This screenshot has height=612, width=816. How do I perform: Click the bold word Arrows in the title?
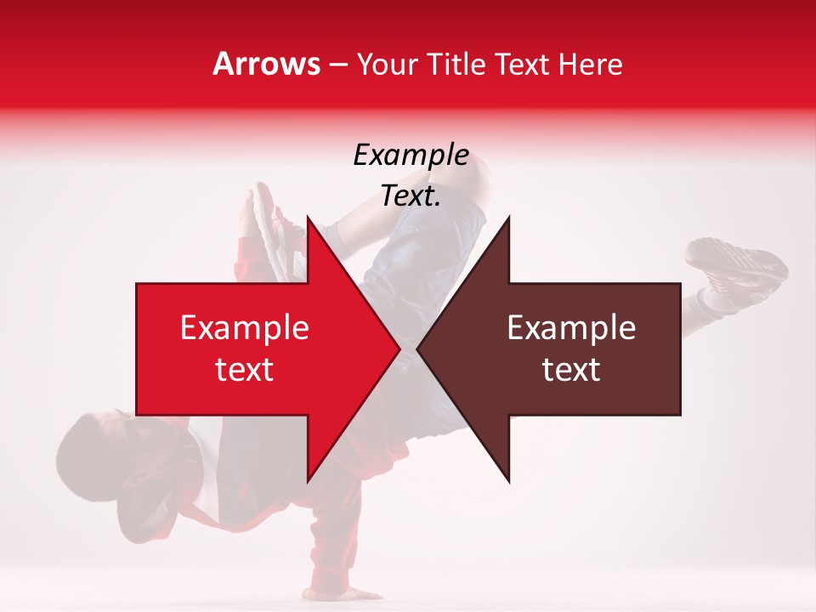tap(267, 65)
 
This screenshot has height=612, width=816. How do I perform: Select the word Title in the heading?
tap(457, 65)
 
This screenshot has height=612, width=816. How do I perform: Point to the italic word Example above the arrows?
tap(411, 156)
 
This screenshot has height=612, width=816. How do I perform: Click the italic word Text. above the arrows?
tap(411, 196)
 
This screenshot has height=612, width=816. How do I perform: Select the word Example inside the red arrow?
tap(245, 328)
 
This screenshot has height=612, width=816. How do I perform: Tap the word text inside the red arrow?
tap(245, 370)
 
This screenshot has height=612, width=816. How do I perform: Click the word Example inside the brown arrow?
tap(571, 328)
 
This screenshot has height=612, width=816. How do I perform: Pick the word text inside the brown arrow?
tap(571, 370)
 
